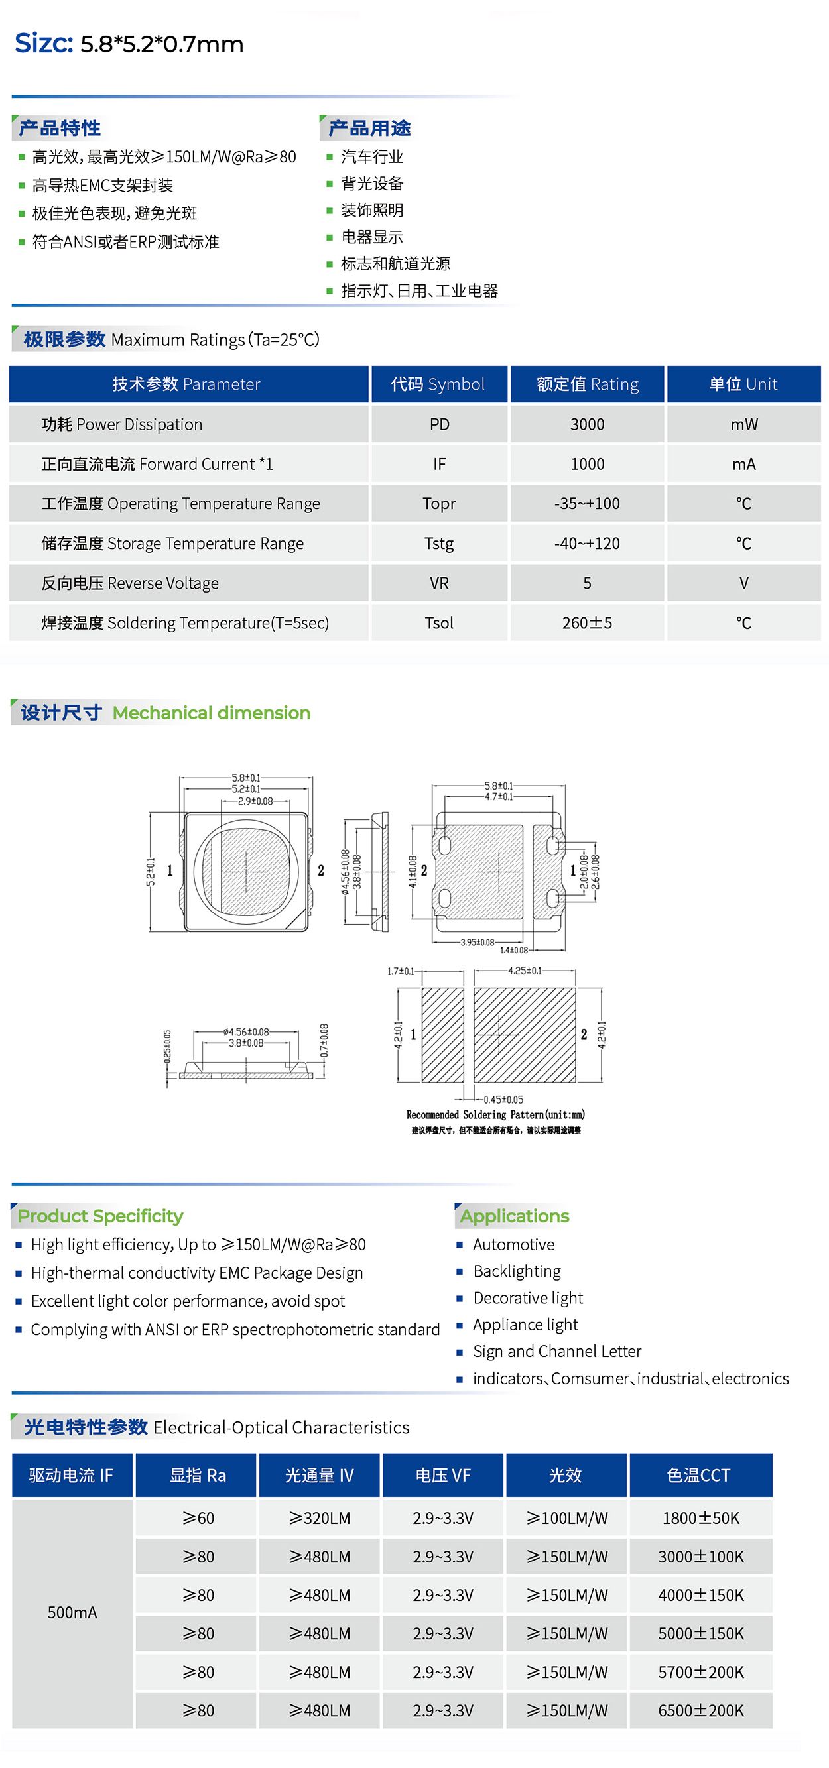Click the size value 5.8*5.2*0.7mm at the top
(162, 44)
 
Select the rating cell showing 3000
(587, 424)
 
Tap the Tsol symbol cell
(439, 622)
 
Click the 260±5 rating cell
(587, 622)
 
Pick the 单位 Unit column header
(743, 384)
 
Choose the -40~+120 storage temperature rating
(587, 544)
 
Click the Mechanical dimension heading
(212, 713)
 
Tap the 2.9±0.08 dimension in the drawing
(255, 801)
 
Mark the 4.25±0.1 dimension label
(525, 971)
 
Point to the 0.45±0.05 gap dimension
(503, 1100)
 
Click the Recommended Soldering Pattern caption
(495, 1114)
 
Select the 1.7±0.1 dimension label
(401, 971)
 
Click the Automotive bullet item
(514, 1244)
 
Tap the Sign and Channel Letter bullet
(557, 1352)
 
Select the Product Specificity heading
(100, 1216)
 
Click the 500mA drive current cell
(72, 1612)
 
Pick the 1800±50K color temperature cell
(701, 1518)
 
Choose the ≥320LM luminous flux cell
(320, 1518)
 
